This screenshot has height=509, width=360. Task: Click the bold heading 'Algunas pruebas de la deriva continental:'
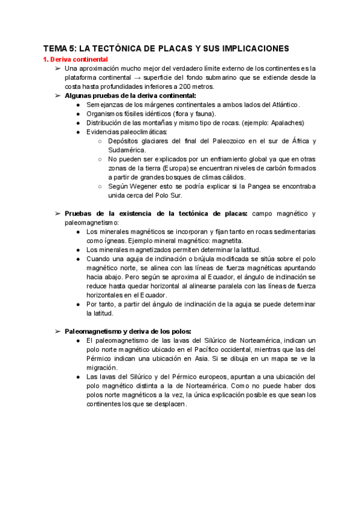[x=130, y=95]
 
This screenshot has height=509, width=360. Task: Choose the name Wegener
[x=142, y=186]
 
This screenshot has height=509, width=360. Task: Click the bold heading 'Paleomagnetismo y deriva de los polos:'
[x=128, y=331]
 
